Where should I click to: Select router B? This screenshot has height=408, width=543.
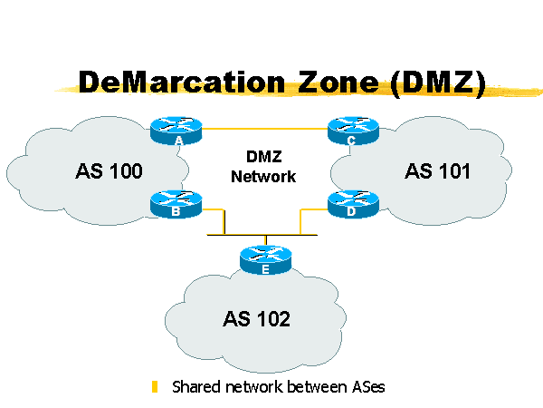coord(176,204)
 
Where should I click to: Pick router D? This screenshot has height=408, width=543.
coord(349,204)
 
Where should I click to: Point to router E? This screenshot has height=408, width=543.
coord(265,259)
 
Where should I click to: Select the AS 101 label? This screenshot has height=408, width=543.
coord(437,170)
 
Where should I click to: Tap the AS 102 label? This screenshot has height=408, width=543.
coord(257,318)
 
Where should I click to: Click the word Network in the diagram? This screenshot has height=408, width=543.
coord(263,176)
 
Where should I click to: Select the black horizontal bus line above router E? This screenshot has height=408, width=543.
coord(264,236)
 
